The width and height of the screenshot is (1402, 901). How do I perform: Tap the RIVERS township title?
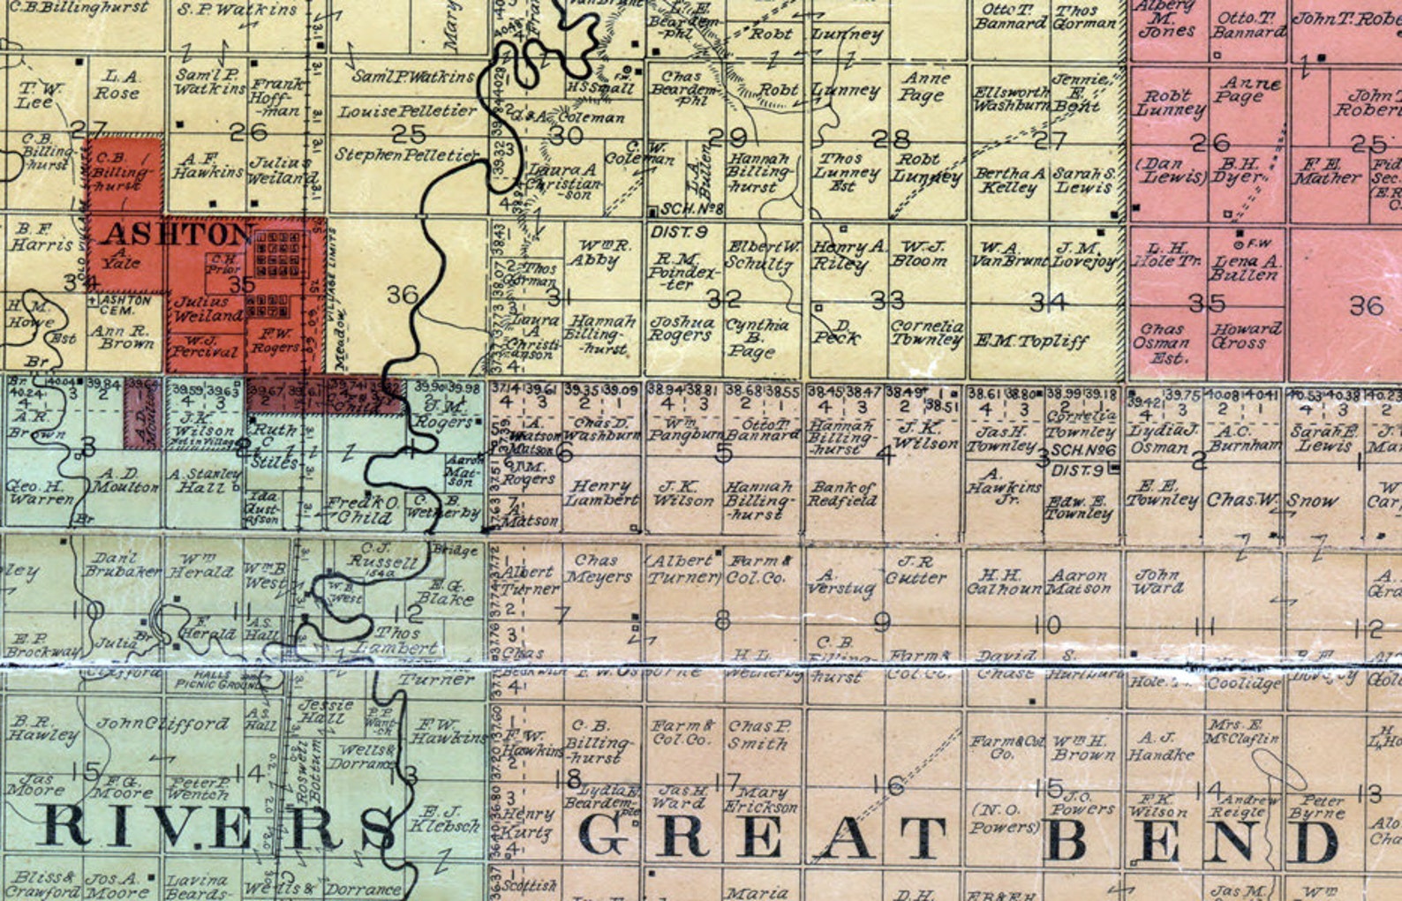pyautogui.click(x=216, y=828)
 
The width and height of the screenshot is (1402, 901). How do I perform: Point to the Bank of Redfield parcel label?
pyautogui.click(x=843, y=494)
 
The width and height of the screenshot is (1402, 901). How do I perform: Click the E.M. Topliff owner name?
pyautogui.click(x=1031, y=342)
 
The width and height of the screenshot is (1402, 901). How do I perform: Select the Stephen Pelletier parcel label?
pyautogui.click(x=406, y=155)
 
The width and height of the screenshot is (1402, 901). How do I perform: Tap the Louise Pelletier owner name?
pyautogui.click(x=407, y=112)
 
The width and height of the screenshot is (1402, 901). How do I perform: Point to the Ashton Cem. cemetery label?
pyautogui.click(x=124, y=305)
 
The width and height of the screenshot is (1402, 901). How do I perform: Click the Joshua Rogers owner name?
pyautogui.click(x=681, y=329)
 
